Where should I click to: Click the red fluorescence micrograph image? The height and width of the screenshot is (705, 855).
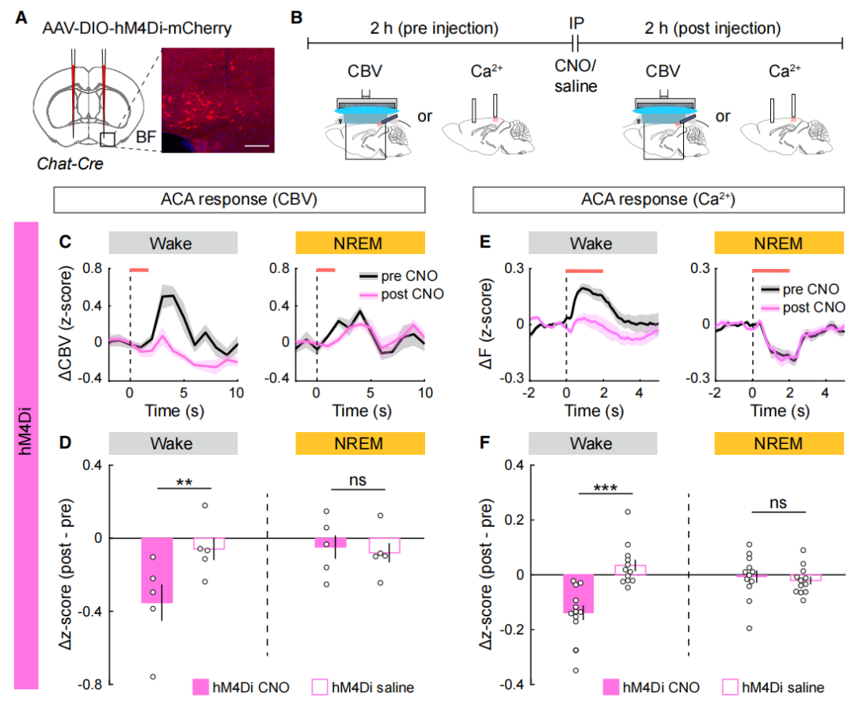click(218, 100)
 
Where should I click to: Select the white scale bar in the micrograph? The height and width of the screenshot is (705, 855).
click(258, 146)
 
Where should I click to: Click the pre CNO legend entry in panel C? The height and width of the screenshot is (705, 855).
click(388, 277)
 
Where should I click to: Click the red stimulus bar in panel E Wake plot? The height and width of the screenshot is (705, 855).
click(584, 271)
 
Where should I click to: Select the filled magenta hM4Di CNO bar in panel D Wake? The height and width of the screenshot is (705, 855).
click(157, 570)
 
